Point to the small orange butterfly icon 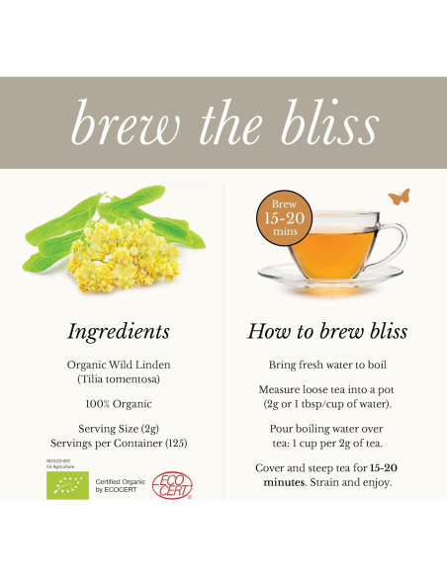click(400, 197)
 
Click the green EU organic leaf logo click(67, 484)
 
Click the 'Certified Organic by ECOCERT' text click(120, 485)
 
